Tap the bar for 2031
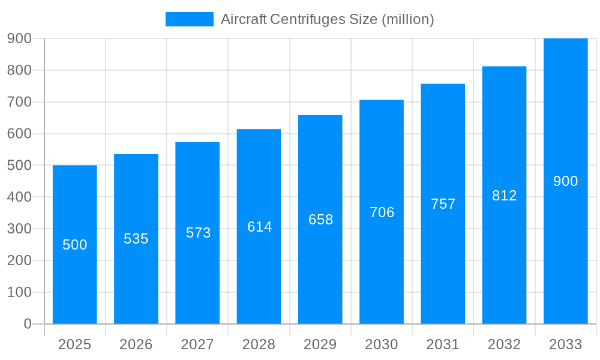[443, 270]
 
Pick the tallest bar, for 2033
[565, 240]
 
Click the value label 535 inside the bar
[136, 239]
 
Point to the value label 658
[320, 220]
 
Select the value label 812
[504, 196]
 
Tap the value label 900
[565, 181]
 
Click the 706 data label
[382, 212]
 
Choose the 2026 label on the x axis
[136, 344]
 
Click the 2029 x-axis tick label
[320, 344]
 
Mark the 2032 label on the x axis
[504, 344]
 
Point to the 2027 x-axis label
[197, 344]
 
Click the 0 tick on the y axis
[27, 324]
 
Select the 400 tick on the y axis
[19, 197]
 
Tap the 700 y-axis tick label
[19, 102]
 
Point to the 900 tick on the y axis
[19, 38]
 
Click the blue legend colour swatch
[189, 19]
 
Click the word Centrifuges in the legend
[308, 19]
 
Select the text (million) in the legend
[407, 19]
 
